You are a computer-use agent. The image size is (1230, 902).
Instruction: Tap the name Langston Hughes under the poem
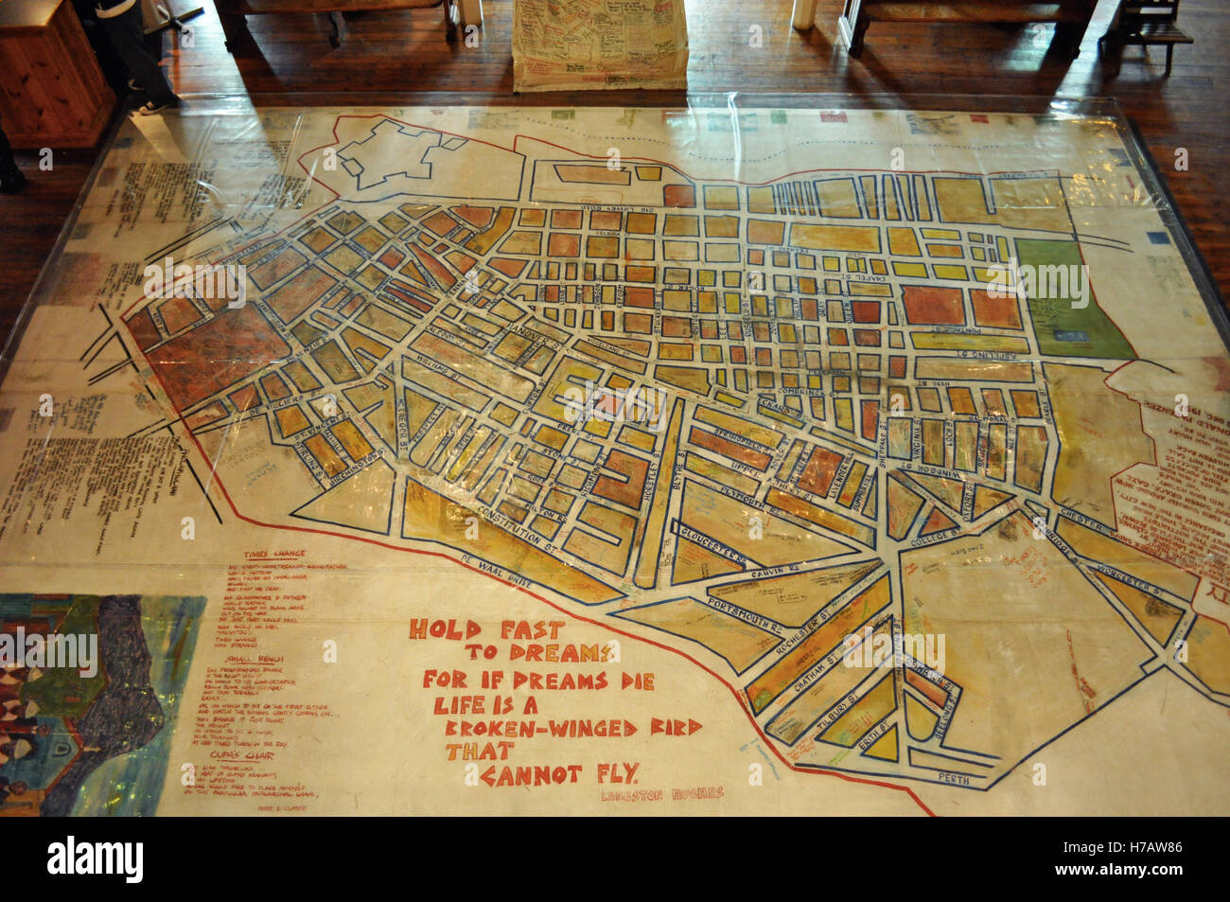pyautogui.click(x=661, y=793)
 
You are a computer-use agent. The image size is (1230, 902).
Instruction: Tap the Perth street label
pyautogui.click(x=956, y=776)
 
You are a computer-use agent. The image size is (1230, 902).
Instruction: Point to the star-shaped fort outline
pyautogui.click(x=392, y=155)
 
